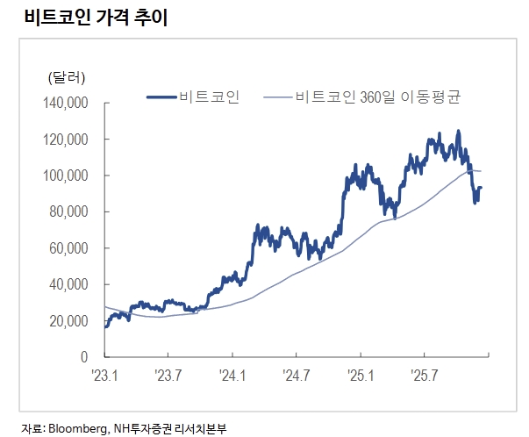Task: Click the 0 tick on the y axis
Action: tap(86, 357)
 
